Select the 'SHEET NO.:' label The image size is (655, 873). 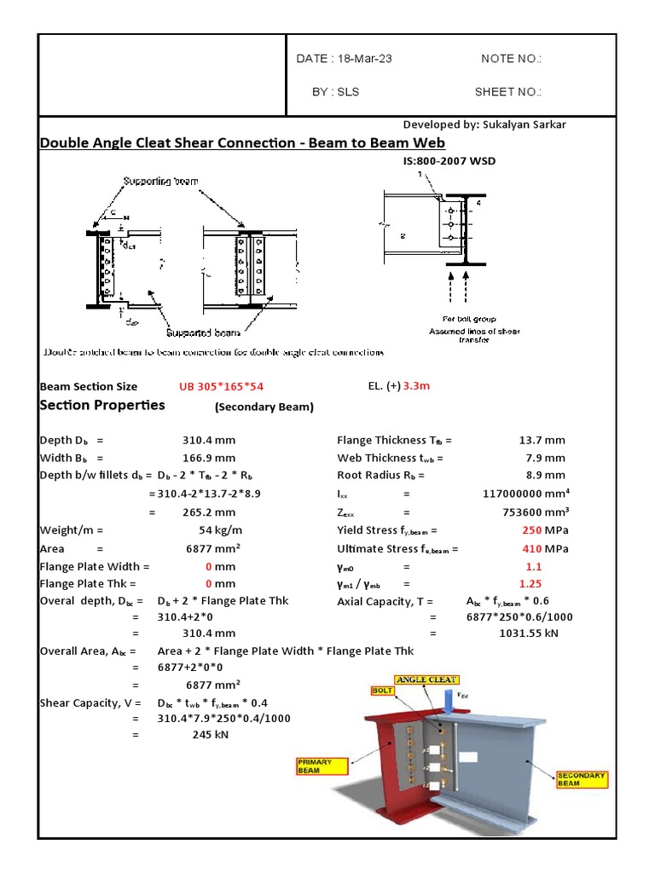pos(507,92)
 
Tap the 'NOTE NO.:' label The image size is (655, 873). pos(511,59)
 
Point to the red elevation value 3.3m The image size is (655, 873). pos(417,386)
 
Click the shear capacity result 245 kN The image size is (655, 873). pos(209,735)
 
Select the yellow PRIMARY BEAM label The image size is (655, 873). pos(316,766)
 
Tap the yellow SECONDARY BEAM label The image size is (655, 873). pos(582,779)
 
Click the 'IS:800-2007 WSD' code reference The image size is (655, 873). pos(449,160)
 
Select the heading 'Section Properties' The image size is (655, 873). pos(102,405)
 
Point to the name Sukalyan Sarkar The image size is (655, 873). pos(529,124)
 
